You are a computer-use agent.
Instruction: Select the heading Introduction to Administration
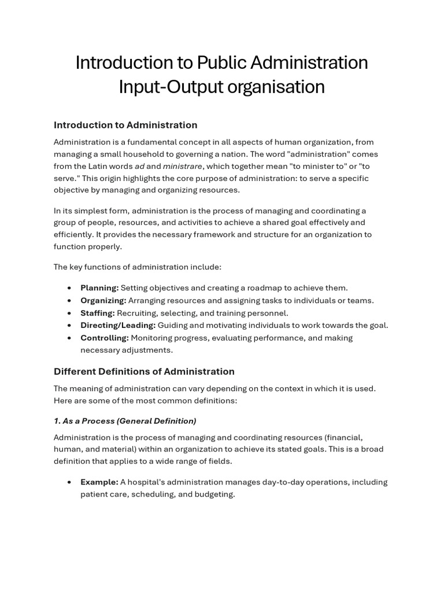pos(125,125)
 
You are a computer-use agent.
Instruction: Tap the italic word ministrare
pos(183,166)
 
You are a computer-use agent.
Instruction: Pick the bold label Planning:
pos(99,288)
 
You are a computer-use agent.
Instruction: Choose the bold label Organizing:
pos(103,300)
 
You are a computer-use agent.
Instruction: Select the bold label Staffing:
pos(98,313)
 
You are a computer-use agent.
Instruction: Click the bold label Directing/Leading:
pos(118,325)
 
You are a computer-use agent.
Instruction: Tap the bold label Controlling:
pos(104,338)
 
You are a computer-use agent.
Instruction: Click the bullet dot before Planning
pos(69,288)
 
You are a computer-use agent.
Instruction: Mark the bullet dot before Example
pos(69,482)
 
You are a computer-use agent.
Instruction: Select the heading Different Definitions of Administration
pos(144,372)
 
